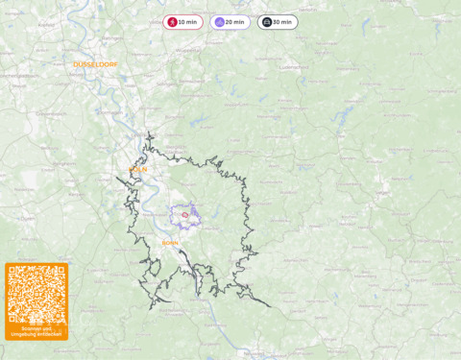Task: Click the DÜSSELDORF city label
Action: [x=95, y=65]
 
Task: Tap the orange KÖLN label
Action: [x=138, y=170]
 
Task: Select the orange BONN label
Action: [x=170, y=243]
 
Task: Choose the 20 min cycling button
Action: [x=230, y=22]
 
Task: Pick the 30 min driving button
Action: [x=277, y=22]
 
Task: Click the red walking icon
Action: [x=172, y=22]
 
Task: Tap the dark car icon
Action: [x=267, y=22]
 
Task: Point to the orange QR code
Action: [x=36, y=294]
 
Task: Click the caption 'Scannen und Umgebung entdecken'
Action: [x=36, y=331]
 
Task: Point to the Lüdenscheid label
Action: [x=292, y=68]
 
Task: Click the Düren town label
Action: [x=27, y=218]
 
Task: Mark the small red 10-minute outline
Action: [x=185, y=215]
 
